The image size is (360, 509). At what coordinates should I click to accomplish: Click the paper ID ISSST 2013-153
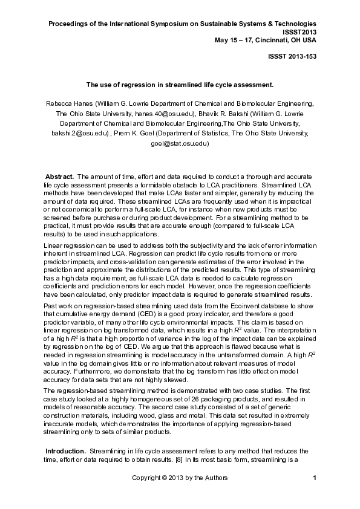tap(292, 56)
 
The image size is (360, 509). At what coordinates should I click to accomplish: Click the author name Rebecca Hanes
tap(68, 103)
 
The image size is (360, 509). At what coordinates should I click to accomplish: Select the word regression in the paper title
tap(142, 85)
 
